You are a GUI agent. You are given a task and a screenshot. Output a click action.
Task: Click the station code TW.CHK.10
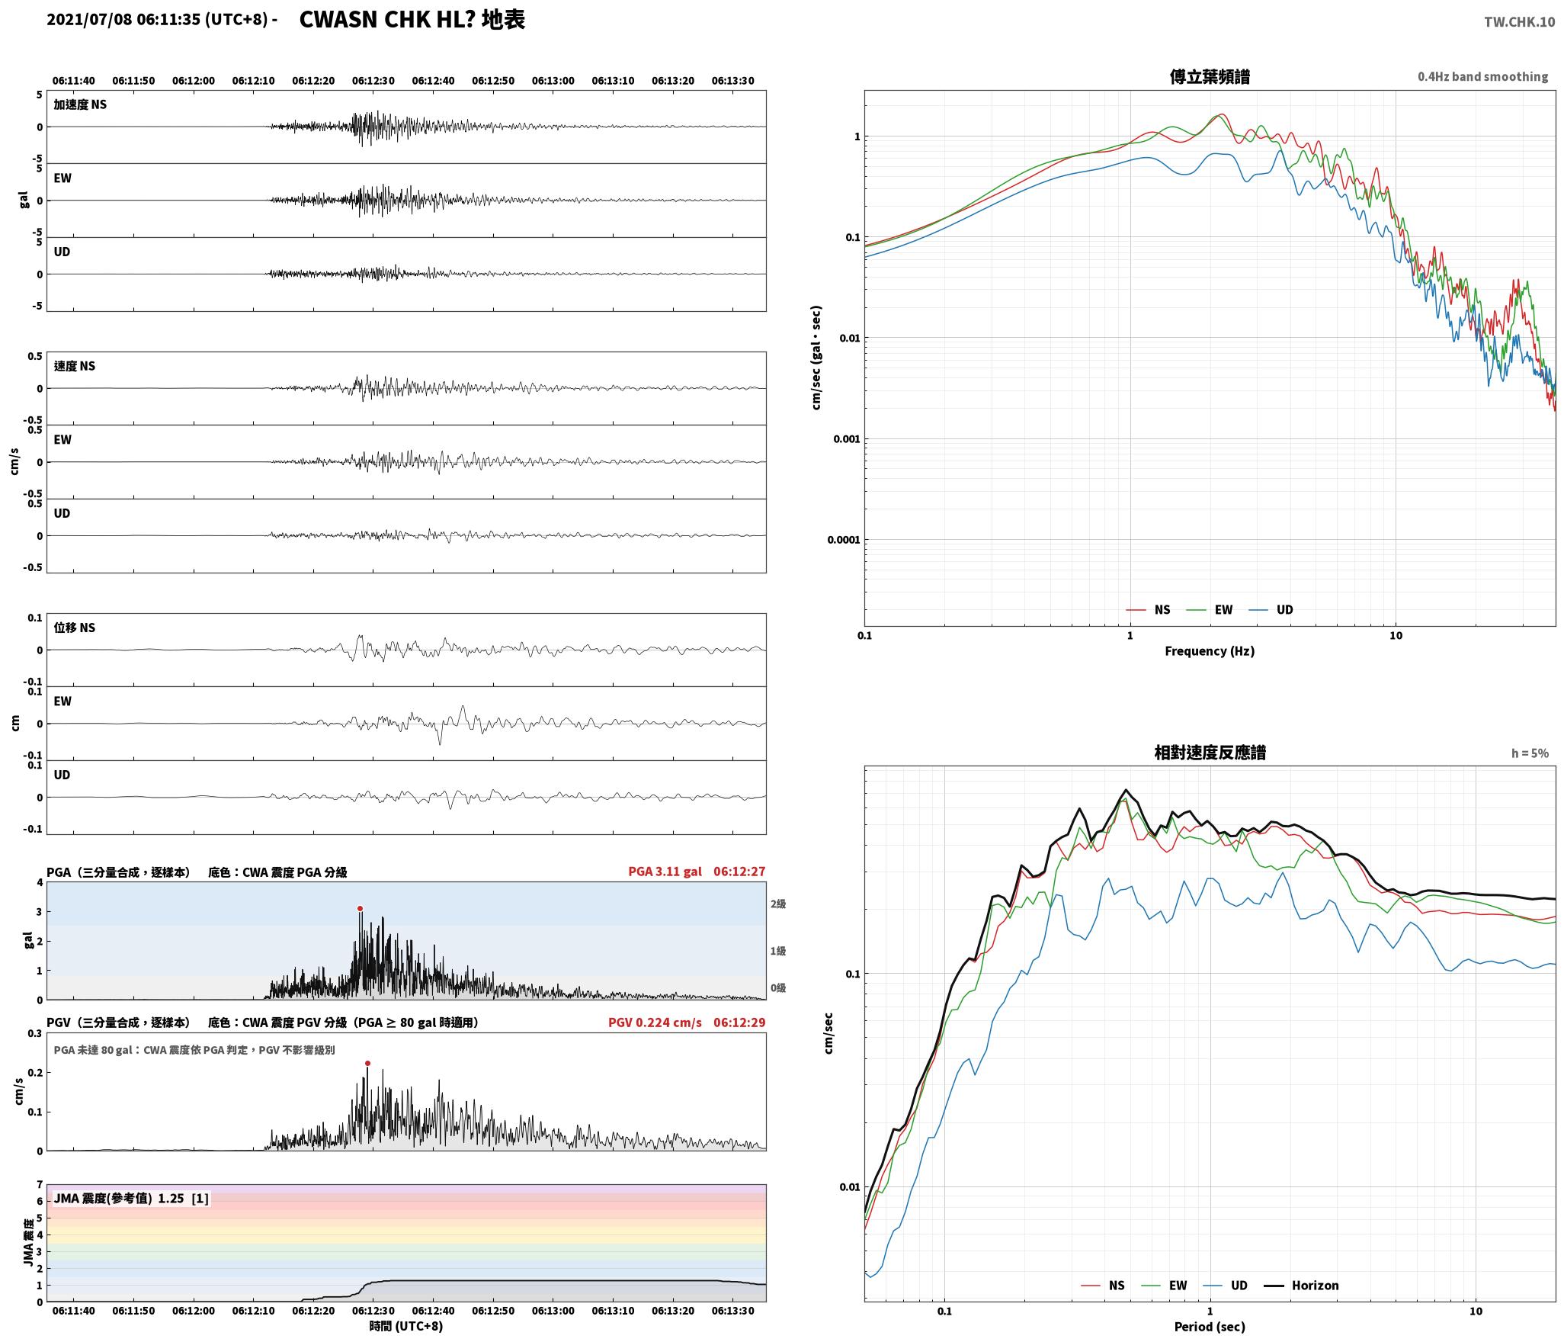[x=1519, y=22]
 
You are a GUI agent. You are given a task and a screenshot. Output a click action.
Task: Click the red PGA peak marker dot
[x=360, y=908]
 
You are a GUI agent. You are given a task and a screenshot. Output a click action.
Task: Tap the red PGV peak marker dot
[x=367, y=1063]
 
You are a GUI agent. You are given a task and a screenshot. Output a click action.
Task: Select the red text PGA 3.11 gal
[x=665, y=872]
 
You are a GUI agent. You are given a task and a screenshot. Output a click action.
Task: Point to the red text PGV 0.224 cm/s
[x=655, y=1023]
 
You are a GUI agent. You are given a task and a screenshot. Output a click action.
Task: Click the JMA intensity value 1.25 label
[x=171, y=1199]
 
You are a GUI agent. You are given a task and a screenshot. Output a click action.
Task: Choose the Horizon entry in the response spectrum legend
[x=1302, y=1286]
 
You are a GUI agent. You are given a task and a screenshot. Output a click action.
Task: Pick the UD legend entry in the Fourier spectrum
[x=1271, y=610]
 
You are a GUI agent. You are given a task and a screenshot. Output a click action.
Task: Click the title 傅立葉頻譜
[x=1210, y=76]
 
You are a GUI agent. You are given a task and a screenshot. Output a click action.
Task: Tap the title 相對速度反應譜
[x=1210, y=753]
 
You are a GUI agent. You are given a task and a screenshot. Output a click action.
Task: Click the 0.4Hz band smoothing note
[x=1482, y=77]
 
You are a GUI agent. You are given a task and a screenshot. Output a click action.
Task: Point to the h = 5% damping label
[x=1530, y=753]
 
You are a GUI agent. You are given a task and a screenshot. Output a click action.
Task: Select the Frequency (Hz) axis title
[x=1210, y=651]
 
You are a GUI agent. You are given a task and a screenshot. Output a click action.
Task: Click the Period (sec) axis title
[x=1210, y=1327]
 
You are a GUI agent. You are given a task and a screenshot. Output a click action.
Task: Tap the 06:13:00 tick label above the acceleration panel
[x=553, y=81]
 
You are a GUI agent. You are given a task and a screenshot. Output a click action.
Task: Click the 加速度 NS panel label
[x=80, y=104]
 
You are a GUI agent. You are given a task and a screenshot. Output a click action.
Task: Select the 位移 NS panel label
[x=75, y=628]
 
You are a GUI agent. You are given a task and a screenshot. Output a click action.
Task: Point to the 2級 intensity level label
[x=778, y=904]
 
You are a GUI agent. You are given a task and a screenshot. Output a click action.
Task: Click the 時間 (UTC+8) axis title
[x=406, y=1326]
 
